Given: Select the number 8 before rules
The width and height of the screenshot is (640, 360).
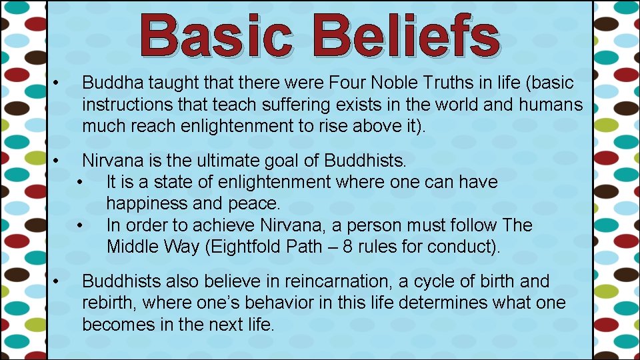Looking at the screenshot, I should tap(349, 247).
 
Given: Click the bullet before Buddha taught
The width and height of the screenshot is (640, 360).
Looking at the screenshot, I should tap(58, 83).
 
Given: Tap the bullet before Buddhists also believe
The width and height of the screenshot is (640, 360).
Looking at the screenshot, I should tap(58, 281).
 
